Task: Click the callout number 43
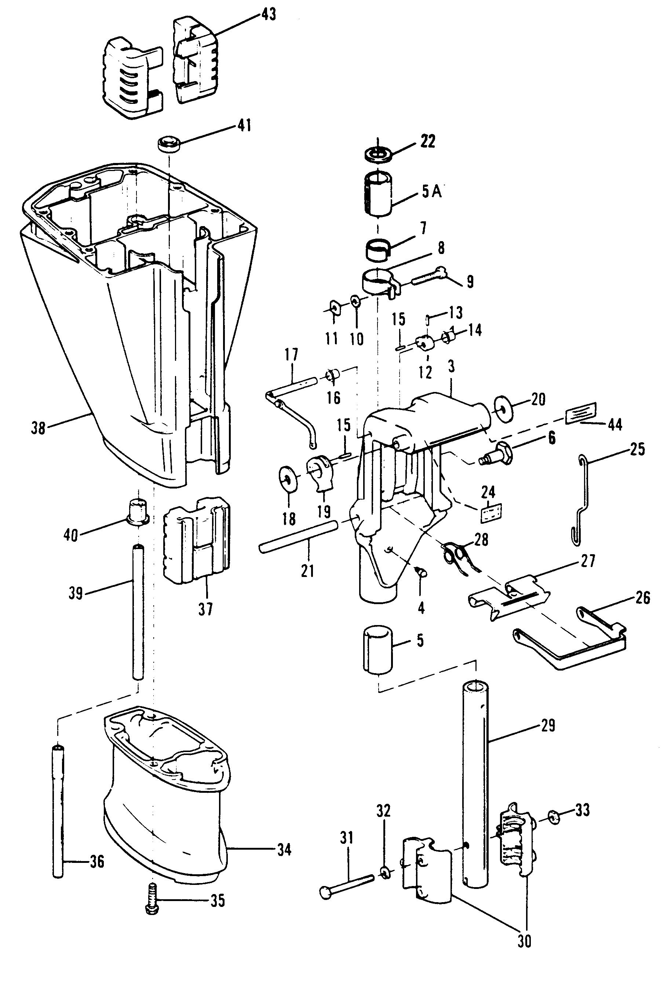(x=268, y=14)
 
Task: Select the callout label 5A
(x=431, y=192)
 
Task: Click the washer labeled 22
(x=378, y=154)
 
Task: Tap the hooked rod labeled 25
(x=582, y=500)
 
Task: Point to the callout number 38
(x=38, y=428)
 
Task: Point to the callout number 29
(x=548, y=726)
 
